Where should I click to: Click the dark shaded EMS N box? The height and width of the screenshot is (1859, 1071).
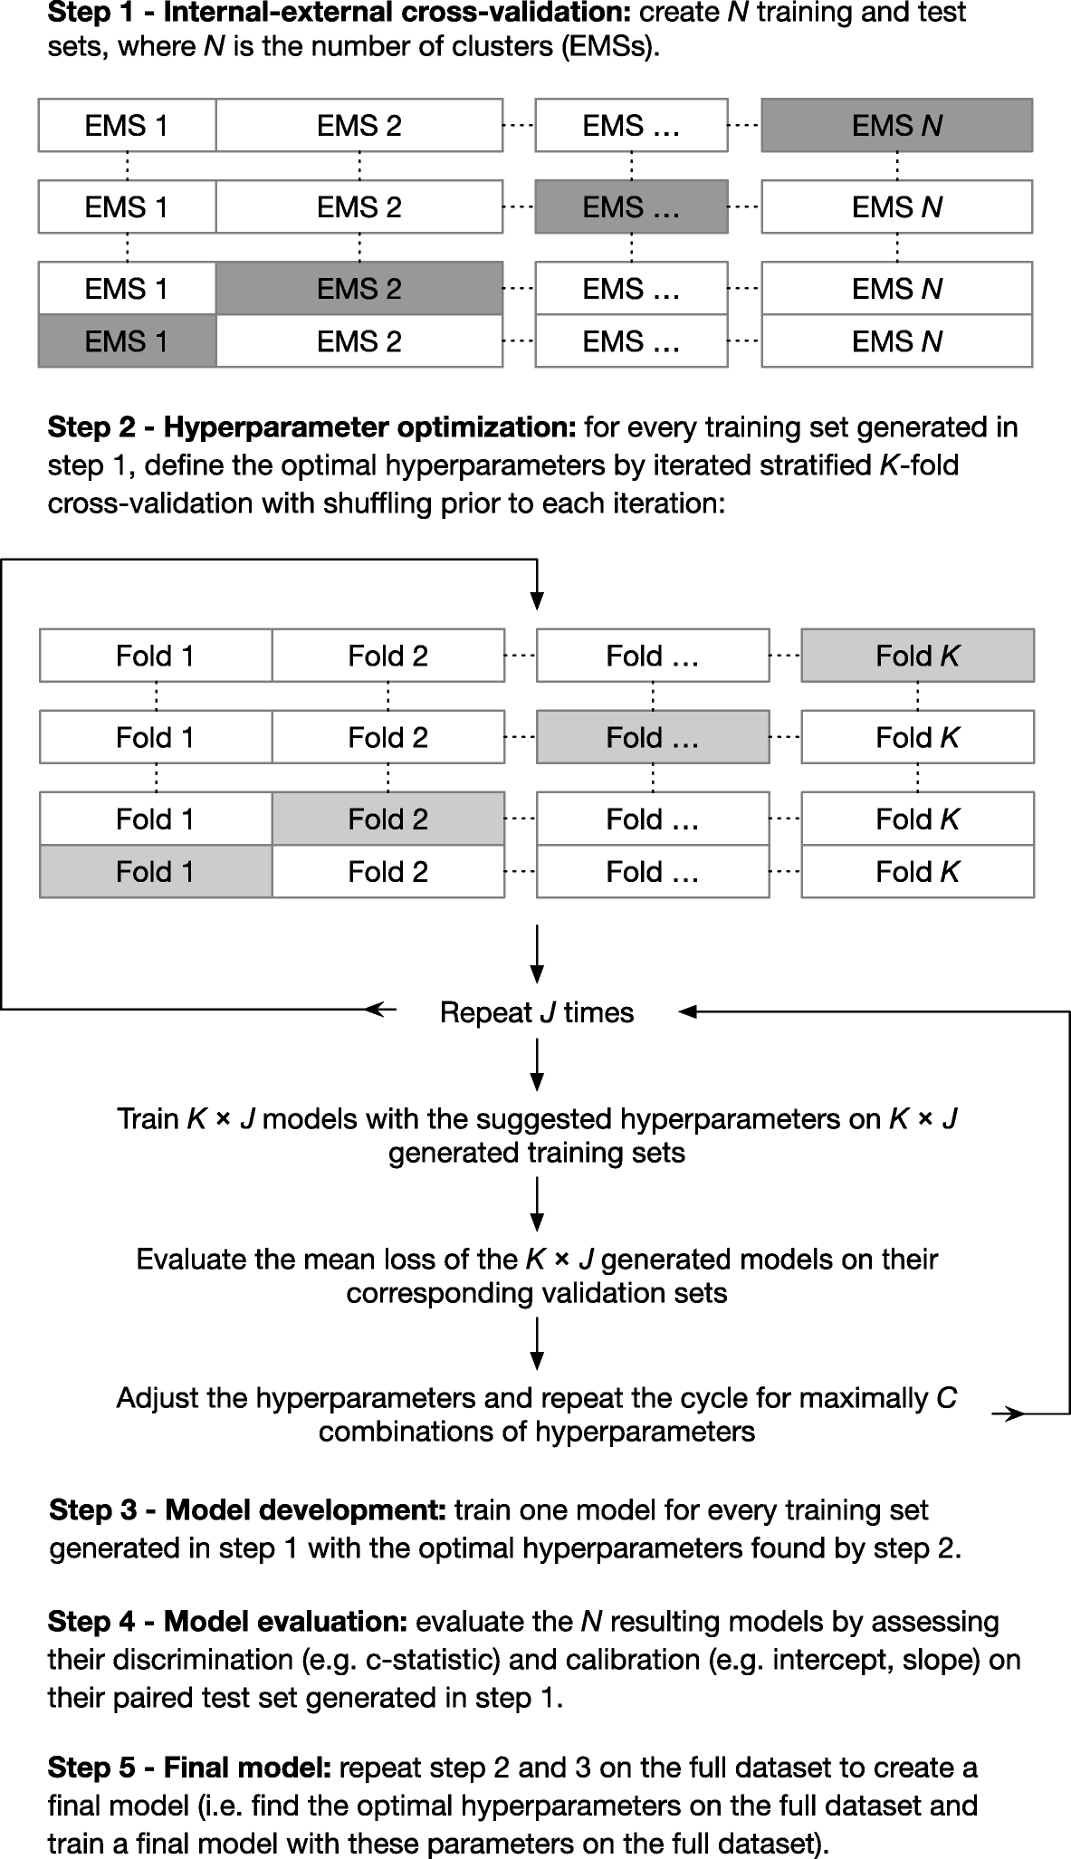pos(896,125)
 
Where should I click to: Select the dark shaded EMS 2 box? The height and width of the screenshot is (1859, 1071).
pos(359,289)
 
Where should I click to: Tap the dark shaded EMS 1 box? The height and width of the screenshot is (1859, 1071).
pos(127,341)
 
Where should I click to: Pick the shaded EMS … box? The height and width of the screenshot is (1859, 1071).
pos(631,207)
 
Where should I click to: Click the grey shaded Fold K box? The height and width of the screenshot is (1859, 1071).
pos(917,656)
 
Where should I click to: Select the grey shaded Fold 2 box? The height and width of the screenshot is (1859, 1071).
pos(387,819)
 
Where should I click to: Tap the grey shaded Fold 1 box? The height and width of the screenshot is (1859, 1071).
pos(156,872)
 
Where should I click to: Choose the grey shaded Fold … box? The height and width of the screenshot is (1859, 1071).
pos(653,738)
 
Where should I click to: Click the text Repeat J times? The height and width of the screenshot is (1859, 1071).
pos(536,1012)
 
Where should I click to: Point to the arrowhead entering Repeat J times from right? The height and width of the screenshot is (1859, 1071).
pos(686,1012)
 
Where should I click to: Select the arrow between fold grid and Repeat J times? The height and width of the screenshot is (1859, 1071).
pos(537,953)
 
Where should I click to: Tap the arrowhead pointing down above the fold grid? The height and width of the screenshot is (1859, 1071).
pos(537,599)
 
